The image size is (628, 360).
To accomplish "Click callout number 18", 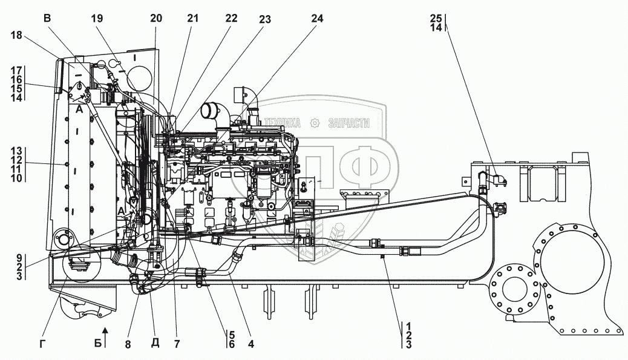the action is [x=16, y=35].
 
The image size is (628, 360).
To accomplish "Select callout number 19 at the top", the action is [x=97, y=18].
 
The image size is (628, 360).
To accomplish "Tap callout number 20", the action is [x=156, y=18].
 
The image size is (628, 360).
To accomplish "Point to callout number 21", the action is [x=192, y=18].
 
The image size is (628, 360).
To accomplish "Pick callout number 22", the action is [x=231, y=18].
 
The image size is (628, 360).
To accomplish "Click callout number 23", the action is [x=265, y=19].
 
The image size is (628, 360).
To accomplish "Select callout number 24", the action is [x=316, y=18].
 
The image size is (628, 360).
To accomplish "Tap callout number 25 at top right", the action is [x=436, y=18].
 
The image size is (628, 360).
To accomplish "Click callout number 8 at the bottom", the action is [x=128, y=344].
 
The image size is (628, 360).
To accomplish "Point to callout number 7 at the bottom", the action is [x=177, y=344].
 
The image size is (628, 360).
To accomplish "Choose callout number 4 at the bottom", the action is [x=250, y=344].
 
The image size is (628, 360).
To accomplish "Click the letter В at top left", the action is [x=48, y=18].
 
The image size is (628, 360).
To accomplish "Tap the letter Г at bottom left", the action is [x=42, y=344].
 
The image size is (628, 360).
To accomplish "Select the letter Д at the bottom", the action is [x=155, y=343].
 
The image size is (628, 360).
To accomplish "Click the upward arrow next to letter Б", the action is [x=105, y=337].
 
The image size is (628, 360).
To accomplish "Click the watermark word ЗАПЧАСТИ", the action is [x=349, y=123].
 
